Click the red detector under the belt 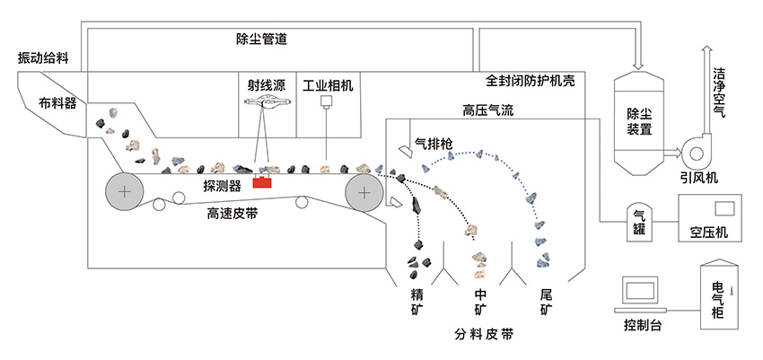point(264,183)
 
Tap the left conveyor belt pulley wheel point(123,192)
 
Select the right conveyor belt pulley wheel point(363,192)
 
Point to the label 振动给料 point(44,57)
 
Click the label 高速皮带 point(234,213)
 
